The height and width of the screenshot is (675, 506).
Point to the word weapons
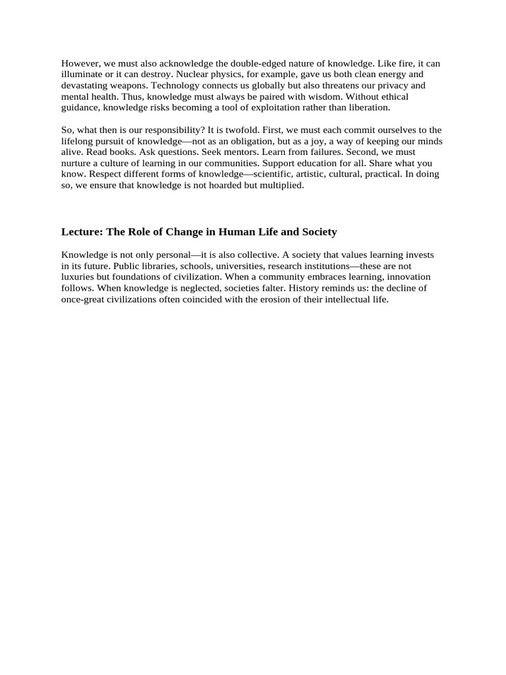(140, 86)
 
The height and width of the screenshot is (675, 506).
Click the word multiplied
(281, 185)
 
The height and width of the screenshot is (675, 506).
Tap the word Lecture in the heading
(82, 232)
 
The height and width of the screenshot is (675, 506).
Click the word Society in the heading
(318, 232)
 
